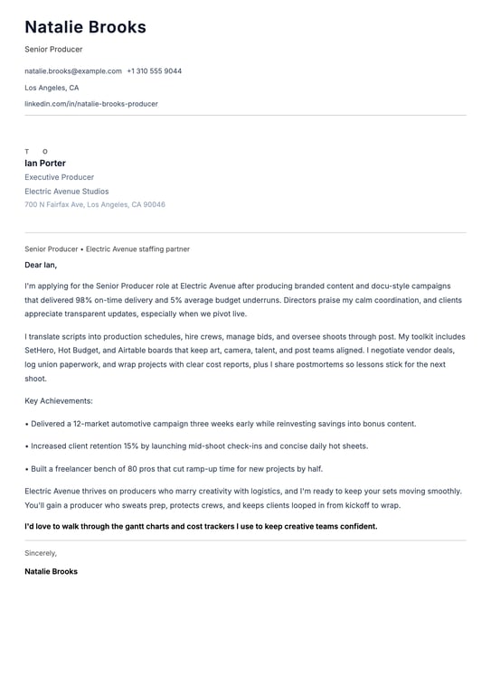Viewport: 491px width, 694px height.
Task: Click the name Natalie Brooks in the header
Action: click(x=85, y=27)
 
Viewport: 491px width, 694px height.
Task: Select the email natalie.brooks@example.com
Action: click(x=73, y=70)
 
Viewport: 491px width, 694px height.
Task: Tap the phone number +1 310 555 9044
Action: click(x=154, y=70)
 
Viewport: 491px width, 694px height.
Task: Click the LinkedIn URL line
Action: click(x=91, y=104)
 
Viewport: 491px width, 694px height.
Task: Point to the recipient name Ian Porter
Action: click(x=45, y=164)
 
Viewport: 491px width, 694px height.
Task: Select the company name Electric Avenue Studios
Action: click(x=67, y=192)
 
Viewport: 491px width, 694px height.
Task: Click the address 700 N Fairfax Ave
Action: click(x=54, y=205)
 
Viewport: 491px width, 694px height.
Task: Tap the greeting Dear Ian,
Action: click(x=41, y=266)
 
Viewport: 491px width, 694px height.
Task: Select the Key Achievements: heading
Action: click(x=59, y=400)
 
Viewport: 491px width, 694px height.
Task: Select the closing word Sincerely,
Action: click(x=41, y=553)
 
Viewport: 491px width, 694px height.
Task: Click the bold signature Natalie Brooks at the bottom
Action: click(x=52, y=572)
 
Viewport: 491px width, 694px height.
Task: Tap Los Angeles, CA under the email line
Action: click(x=52, y=88)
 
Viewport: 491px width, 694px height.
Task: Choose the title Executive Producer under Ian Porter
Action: click(x=60, y=177)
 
